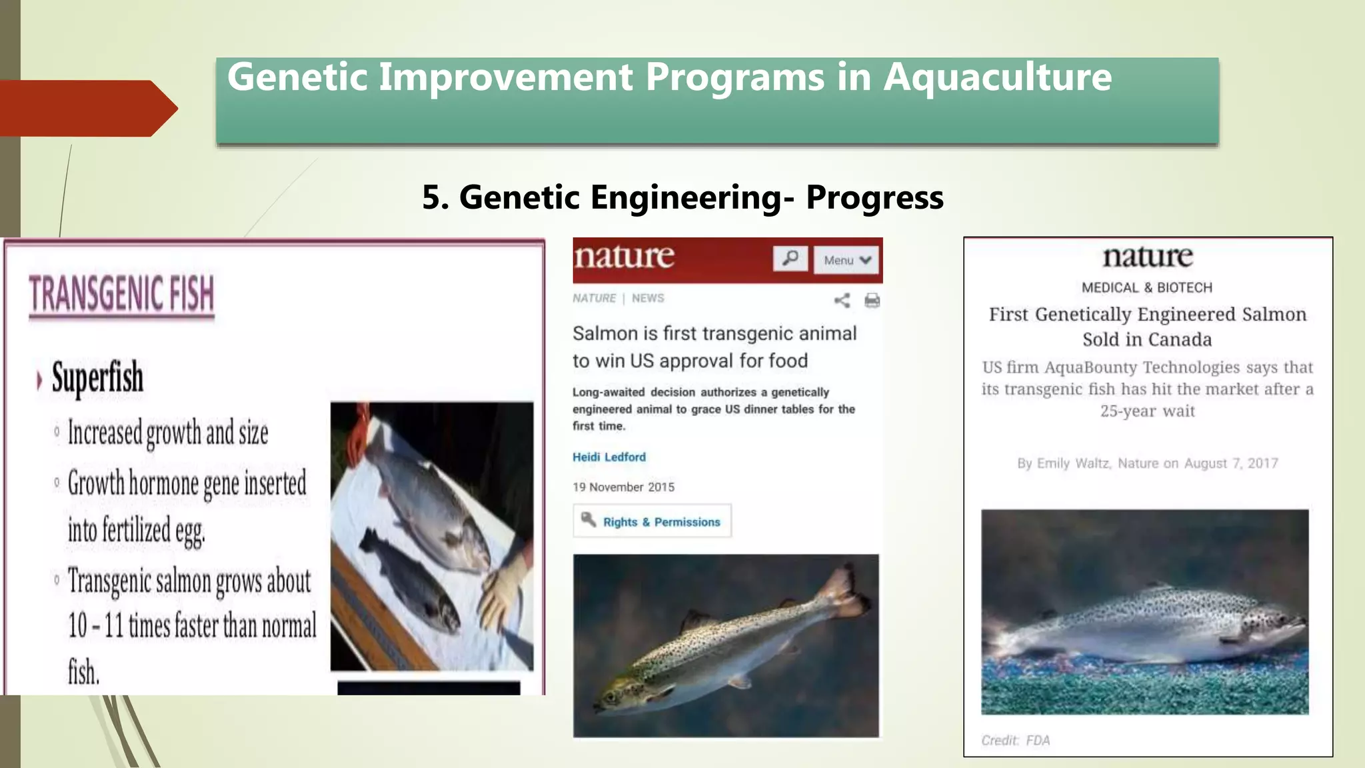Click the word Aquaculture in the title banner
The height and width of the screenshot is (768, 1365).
click(997, 77)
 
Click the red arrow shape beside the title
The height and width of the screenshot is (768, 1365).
click(87, 109)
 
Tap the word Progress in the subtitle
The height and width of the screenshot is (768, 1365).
click(874, 197)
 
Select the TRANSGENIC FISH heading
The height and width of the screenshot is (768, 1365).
click(121, 294)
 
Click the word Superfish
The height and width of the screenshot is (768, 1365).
click(97, 377)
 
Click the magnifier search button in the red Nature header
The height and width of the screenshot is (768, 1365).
click(790, 259)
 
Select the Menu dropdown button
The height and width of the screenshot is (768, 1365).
click(846, 260)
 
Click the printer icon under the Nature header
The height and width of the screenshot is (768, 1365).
click(872, 301)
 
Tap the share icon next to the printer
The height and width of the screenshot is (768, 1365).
click(842, 301)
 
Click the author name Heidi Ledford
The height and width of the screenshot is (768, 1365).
click(609, 457)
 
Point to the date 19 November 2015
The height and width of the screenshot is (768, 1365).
click(623, 487)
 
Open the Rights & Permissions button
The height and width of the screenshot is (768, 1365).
click(653, 521)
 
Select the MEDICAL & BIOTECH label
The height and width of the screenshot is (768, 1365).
click(1146, 288)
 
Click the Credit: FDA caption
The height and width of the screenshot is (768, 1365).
click(1015, 741)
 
